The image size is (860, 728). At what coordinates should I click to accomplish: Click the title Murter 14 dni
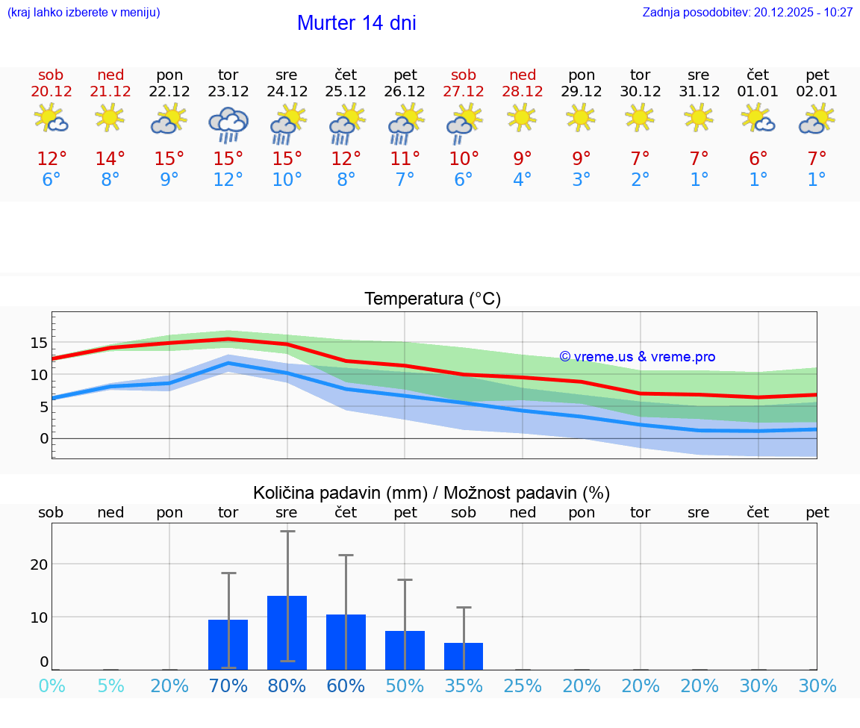[x=356, y=23]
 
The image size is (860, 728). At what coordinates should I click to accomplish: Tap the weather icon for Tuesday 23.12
[x=228, y=124]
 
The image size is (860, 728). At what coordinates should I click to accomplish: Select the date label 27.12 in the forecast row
[x=464, y=92]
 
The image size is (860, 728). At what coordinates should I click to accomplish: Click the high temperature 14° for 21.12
[x=110, y=158]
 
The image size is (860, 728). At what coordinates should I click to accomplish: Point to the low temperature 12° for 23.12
[x=228, y=180]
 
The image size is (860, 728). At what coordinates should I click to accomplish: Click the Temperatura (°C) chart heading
[x=432, y=299]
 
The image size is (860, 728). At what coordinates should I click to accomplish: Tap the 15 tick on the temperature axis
[x=39, y=343]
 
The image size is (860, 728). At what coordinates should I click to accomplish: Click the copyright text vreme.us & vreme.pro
[x=638, y=357]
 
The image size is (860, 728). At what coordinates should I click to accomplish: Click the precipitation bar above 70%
[x=228, y=644]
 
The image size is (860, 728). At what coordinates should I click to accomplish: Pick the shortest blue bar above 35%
[x=464, y=656]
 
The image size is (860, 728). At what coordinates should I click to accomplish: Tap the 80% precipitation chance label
[x=287, y=685]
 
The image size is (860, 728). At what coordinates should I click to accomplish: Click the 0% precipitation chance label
[x=52, y=685]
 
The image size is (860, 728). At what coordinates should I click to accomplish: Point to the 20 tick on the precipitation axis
[x=39, y=564]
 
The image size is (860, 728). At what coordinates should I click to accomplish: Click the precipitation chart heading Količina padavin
[x=431, y=493]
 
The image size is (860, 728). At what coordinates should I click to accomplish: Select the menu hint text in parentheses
[x=84, y=13]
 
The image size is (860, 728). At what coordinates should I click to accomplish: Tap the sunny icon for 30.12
[x=640, y=117]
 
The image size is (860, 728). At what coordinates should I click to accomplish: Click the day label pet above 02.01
[x=817, y=75]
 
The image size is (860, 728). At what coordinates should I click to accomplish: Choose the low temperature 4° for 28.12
[x=523, y=180]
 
